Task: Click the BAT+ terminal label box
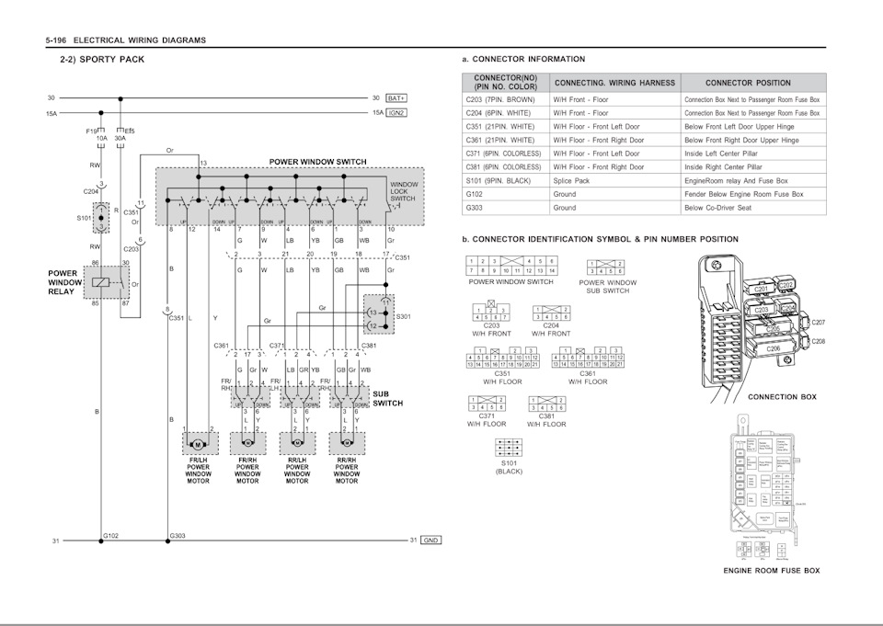coord(396,97)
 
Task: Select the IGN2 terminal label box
coord(396,112)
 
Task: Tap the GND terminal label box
coord(430,541)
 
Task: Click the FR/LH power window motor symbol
coord(196,443)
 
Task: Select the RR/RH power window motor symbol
coord(347,443)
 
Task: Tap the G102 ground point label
coord(110,534)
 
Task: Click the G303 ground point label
coord(178,534)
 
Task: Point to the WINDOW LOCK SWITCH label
coord(403,191)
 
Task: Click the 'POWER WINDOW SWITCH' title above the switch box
coord(317,162)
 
